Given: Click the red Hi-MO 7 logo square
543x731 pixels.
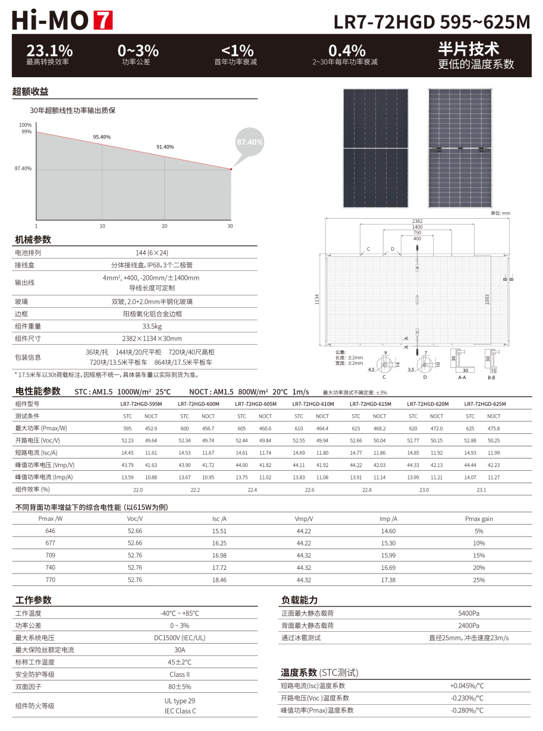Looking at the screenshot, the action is point(103,20).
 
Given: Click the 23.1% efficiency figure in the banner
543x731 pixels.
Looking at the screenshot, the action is point(49,51).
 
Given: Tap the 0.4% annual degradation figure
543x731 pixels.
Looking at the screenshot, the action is point(347,51).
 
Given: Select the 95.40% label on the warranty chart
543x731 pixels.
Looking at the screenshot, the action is point(102,137).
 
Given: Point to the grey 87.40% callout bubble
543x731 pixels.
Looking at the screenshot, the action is point(250,141).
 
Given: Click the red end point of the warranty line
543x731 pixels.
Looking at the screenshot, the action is point(231,169).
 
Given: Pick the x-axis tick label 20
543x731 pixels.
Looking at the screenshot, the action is point(164,226).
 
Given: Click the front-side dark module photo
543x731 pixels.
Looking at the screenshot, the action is point(375,149).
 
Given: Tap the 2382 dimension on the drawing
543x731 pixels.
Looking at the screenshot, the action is point(417,221).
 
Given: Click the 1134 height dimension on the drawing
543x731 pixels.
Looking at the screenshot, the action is point(317,300).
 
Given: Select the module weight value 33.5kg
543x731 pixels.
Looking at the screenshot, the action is point(152,326).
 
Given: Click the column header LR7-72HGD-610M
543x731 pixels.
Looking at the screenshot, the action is point(313,404).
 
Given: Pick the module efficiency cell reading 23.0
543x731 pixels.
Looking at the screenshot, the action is point(424,490).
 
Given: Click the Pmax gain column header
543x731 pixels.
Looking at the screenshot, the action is point(479,519).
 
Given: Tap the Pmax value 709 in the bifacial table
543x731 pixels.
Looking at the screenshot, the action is point(50,555).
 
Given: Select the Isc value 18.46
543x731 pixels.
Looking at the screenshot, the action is point(219,579).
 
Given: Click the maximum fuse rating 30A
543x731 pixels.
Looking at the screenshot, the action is point(180,650).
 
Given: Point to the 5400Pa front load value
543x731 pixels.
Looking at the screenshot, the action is point(469,613).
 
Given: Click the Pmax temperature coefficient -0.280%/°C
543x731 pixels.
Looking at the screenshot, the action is point(467,710).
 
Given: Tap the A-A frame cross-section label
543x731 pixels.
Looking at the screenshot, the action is point(462,377).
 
